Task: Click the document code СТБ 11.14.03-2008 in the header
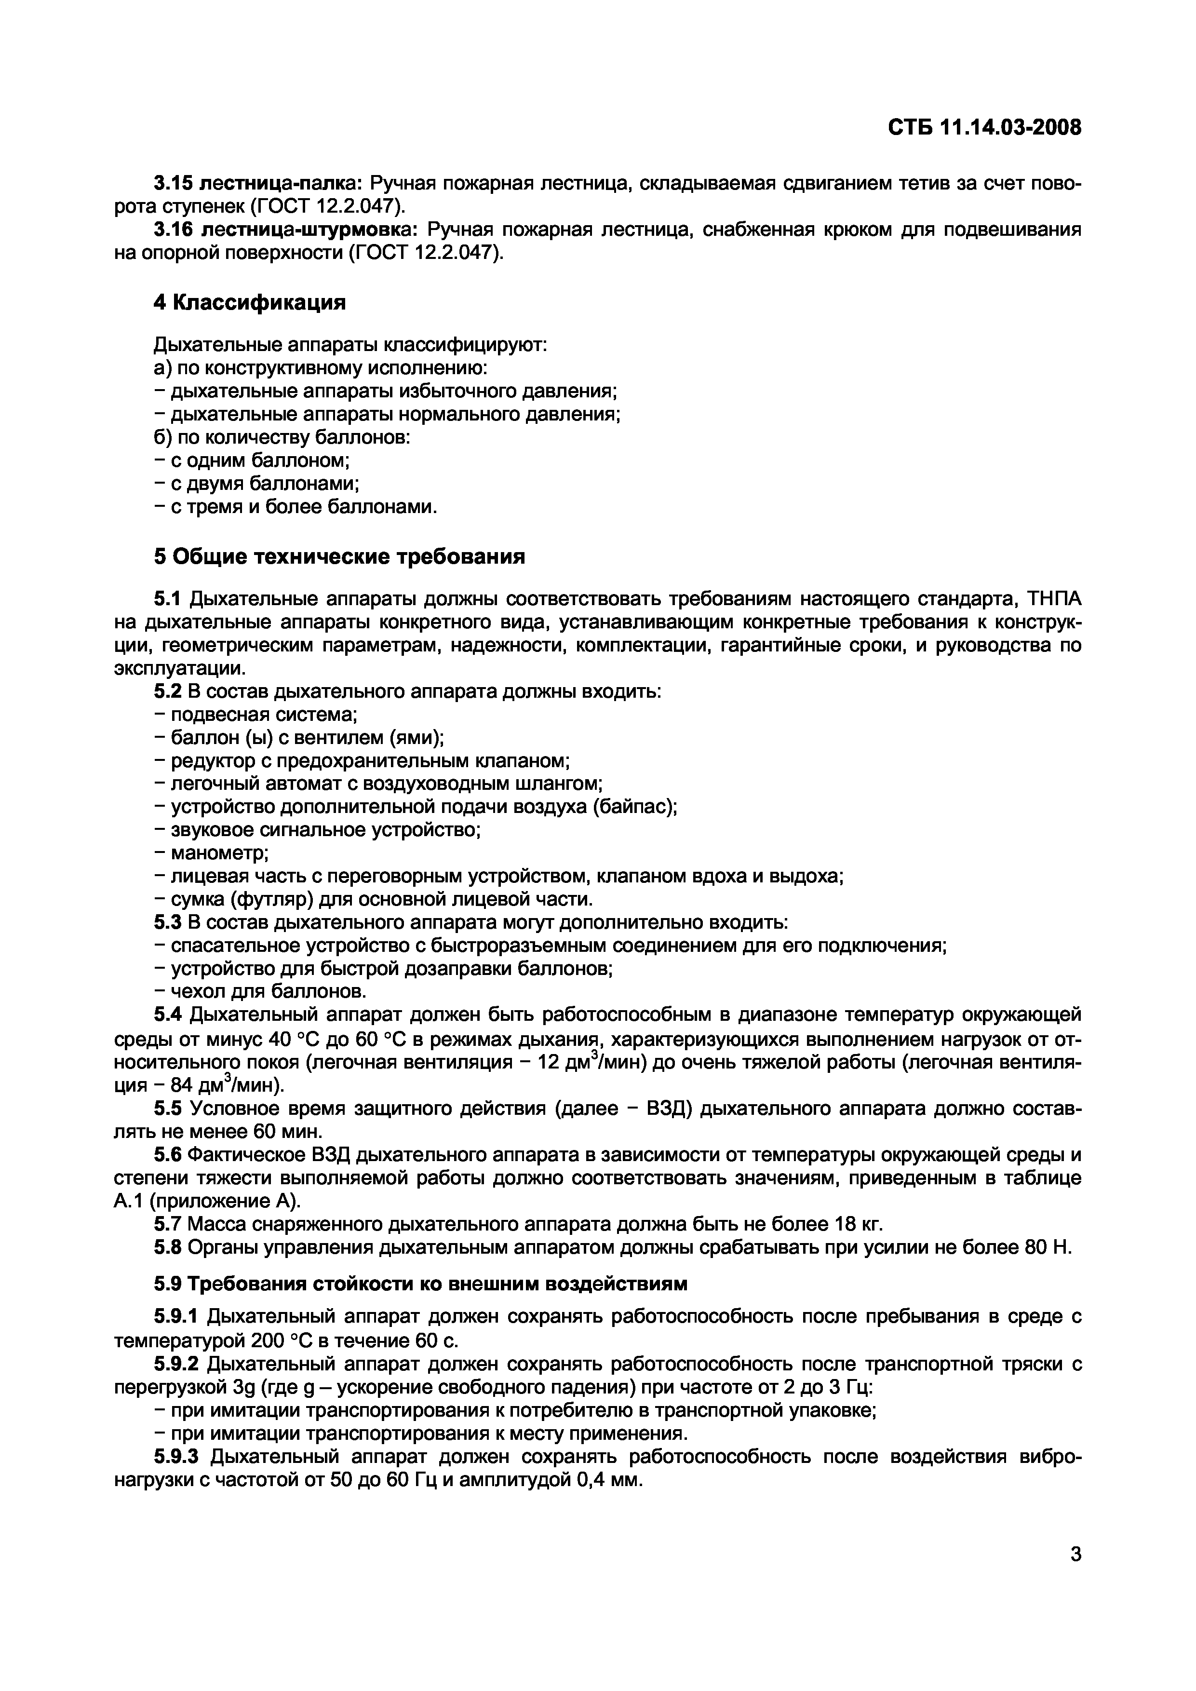985,128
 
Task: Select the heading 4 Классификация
250,303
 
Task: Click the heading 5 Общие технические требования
339,557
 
